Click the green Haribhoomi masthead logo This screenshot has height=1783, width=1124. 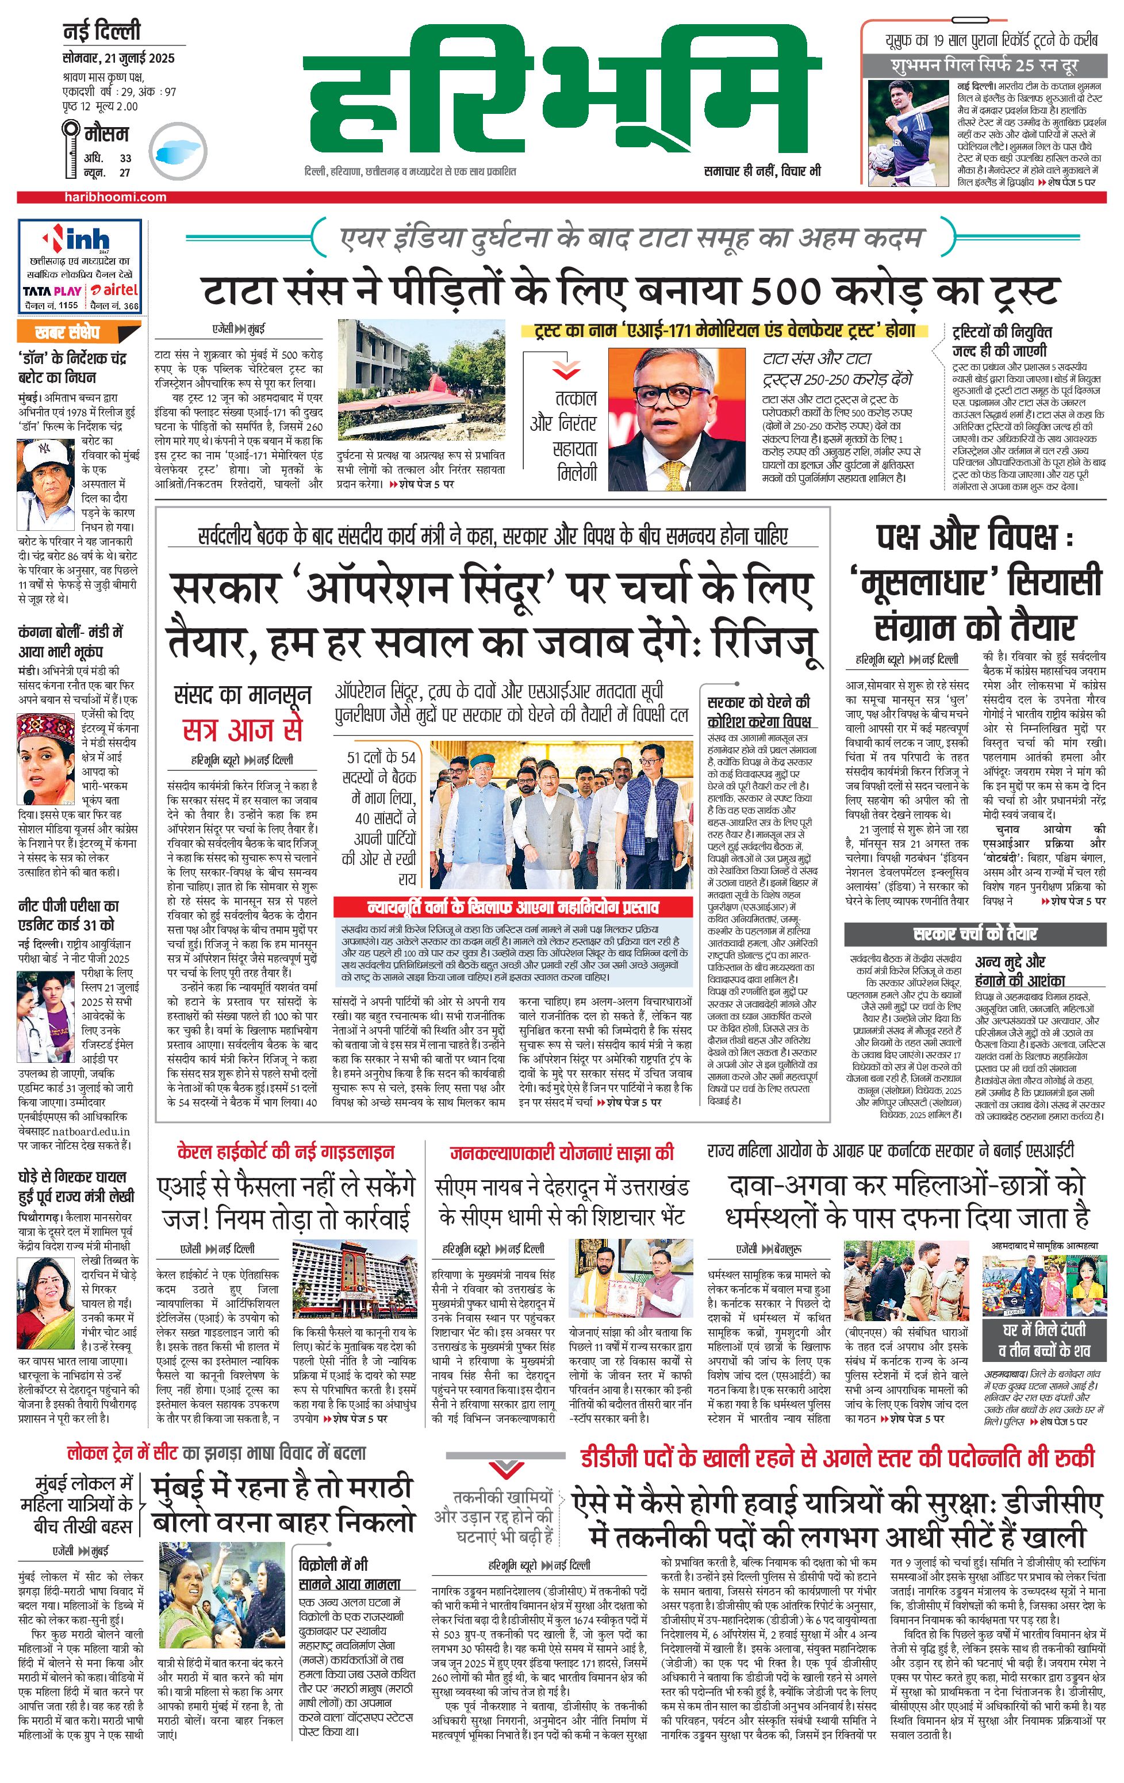[562, 93]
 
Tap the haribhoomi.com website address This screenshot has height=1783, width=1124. [114, 197]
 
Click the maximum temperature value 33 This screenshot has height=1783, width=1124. [126, 158]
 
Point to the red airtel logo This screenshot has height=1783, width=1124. [114, 290]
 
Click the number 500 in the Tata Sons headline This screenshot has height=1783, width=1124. [786, 290]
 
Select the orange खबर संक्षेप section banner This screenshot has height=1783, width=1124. [68, 332]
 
